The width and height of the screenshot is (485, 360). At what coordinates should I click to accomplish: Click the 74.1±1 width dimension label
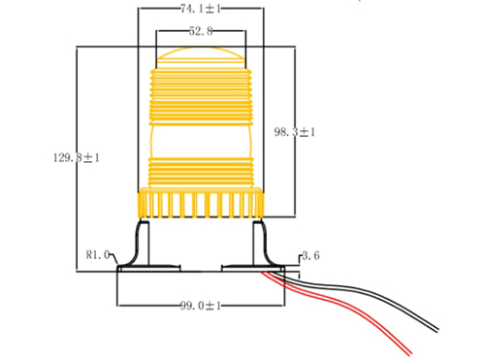[x=202, y=10]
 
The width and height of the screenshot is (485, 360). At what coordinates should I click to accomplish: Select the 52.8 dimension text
[x=201, y=32]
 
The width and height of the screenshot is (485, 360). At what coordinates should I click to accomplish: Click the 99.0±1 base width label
[x=201, y=306]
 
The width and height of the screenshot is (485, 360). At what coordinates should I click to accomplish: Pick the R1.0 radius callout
[x=100, y=256]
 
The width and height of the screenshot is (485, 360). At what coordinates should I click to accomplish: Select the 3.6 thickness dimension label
[x=311, y=256]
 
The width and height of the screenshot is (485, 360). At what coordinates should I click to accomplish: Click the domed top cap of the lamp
[x=201, y=55]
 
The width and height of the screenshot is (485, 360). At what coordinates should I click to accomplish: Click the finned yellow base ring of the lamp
[x=201, y=204]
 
